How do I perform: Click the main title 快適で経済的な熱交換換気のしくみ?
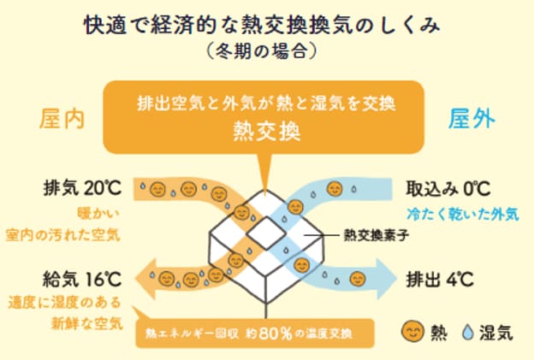(262, 25)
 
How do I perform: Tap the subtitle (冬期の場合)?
(262, 52)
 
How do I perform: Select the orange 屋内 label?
(62, 120)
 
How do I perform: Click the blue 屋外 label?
(472, 119)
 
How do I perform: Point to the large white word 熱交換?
(267, 131)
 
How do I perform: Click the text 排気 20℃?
(82, 188)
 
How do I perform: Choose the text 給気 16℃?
(82, 279)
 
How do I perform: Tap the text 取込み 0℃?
(448, 188)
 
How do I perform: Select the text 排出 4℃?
(440, 280)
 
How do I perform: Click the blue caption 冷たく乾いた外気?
(462, 215)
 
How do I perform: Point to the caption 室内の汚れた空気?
(63, 235)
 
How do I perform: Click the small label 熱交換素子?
(376, 235)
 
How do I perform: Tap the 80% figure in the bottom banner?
(276, 333)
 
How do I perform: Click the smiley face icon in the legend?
(412, 332)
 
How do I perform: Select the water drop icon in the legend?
(468, 332)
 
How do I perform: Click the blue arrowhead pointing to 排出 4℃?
(387, 279)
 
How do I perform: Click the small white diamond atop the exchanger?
(266, 233)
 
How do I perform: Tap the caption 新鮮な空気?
(86, 323)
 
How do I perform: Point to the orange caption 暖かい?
(98, 215)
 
